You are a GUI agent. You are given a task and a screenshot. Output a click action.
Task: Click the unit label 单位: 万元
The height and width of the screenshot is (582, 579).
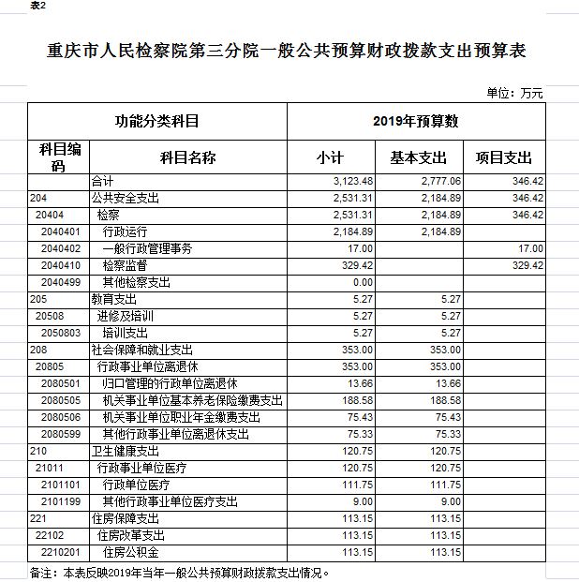[x=514, y=94]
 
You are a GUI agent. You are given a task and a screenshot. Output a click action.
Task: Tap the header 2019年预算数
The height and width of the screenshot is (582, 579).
[x=414, y=121]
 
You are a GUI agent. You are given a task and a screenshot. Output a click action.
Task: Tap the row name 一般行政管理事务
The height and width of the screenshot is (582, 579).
[x=146, y=248]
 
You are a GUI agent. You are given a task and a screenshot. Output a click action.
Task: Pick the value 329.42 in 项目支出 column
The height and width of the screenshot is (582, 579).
[x=528, y=265]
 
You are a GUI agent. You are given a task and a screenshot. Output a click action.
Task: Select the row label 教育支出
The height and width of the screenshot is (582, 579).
[x=111, y=299]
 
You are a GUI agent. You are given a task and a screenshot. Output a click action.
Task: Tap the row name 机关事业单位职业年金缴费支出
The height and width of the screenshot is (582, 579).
[x=181, y=417]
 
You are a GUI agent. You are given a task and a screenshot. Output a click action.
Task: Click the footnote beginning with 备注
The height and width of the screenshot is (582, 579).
[x=178, y=571]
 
